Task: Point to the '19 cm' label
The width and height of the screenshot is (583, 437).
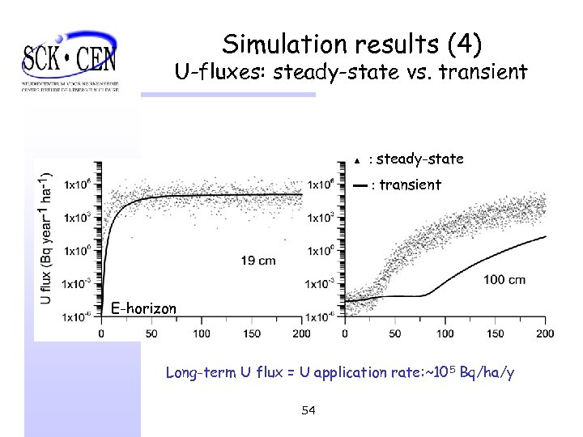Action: pos(258,260)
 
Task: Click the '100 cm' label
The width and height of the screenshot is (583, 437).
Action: pos(504,280)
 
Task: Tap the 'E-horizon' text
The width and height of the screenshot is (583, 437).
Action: pos(143,308)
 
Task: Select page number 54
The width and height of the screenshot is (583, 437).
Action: pos(308,411)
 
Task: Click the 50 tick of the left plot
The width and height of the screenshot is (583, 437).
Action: pos(151,333)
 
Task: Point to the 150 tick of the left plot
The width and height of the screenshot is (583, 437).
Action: pos(252,333)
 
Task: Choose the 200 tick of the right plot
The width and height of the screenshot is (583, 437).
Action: pos(545,333)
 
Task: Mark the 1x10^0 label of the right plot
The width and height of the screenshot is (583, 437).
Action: pos(322,251)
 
